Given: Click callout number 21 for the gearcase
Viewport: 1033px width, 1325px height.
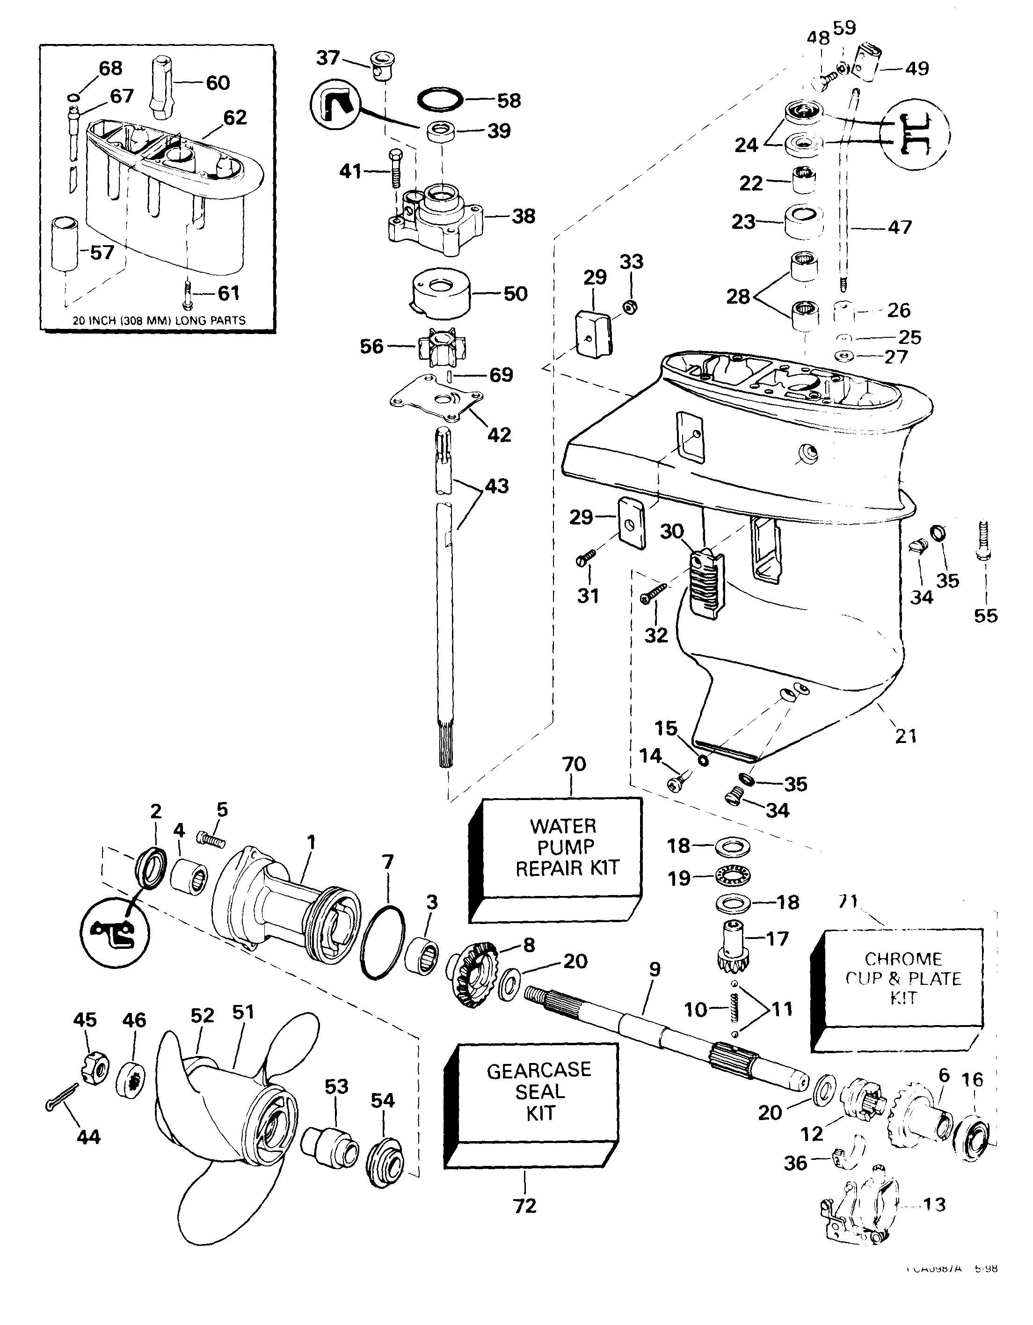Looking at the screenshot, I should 906,736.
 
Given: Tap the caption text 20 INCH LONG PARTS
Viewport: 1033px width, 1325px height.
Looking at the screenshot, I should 159,320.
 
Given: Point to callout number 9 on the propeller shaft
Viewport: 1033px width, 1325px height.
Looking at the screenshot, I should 654,969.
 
